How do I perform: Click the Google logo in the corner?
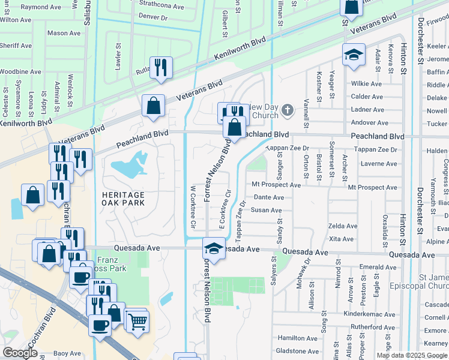coord(20,353)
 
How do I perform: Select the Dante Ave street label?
coord(269,197)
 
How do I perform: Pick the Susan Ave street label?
coord(266,211)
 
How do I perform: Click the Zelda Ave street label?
coord(343,226)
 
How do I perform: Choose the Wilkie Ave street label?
coord(366,84)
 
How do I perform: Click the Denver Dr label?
coord(152,18)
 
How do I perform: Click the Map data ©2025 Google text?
coord(412,355)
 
